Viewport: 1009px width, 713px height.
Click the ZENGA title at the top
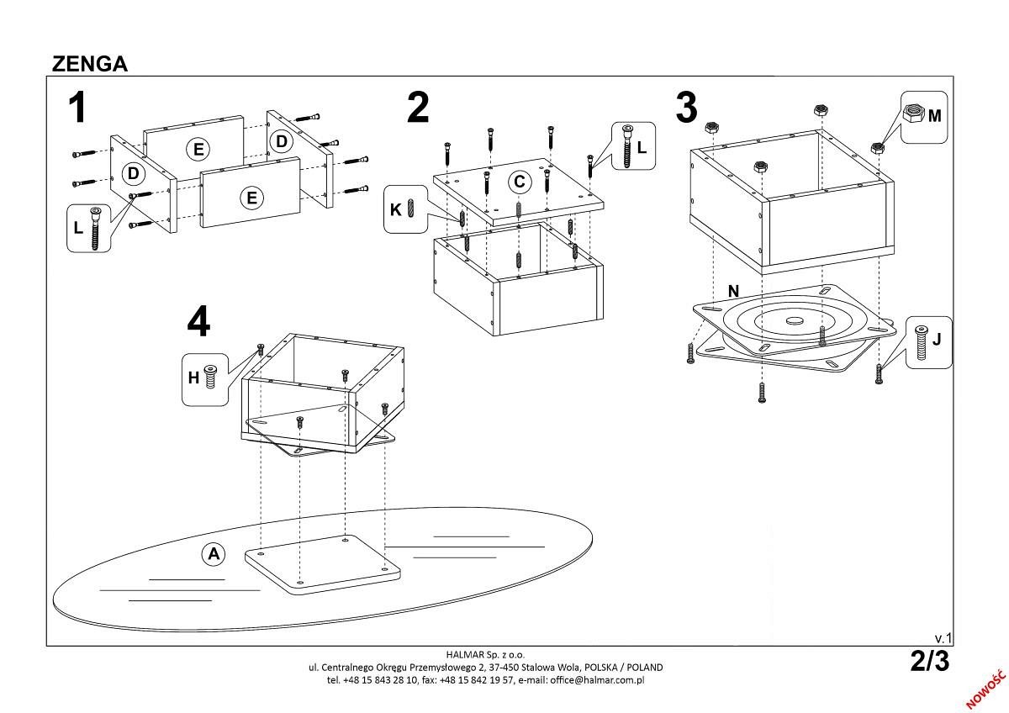[90, 64]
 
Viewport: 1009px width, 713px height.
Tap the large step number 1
[78, 109]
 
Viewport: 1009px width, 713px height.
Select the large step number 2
[418, 108]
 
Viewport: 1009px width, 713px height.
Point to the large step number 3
[687, 108]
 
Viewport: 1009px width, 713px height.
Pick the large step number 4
[198, 321]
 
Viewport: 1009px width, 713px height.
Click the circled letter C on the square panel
[520, 182]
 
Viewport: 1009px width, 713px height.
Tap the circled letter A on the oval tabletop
[214, 553]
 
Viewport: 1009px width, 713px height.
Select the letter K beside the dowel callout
[395, 209]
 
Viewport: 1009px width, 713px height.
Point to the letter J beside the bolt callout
[938, 341]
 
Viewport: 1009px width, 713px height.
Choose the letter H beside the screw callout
[193, 378]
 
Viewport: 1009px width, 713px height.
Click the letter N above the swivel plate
[733, 291]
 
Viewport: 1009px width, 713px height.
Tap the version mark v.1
[943, 638]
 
